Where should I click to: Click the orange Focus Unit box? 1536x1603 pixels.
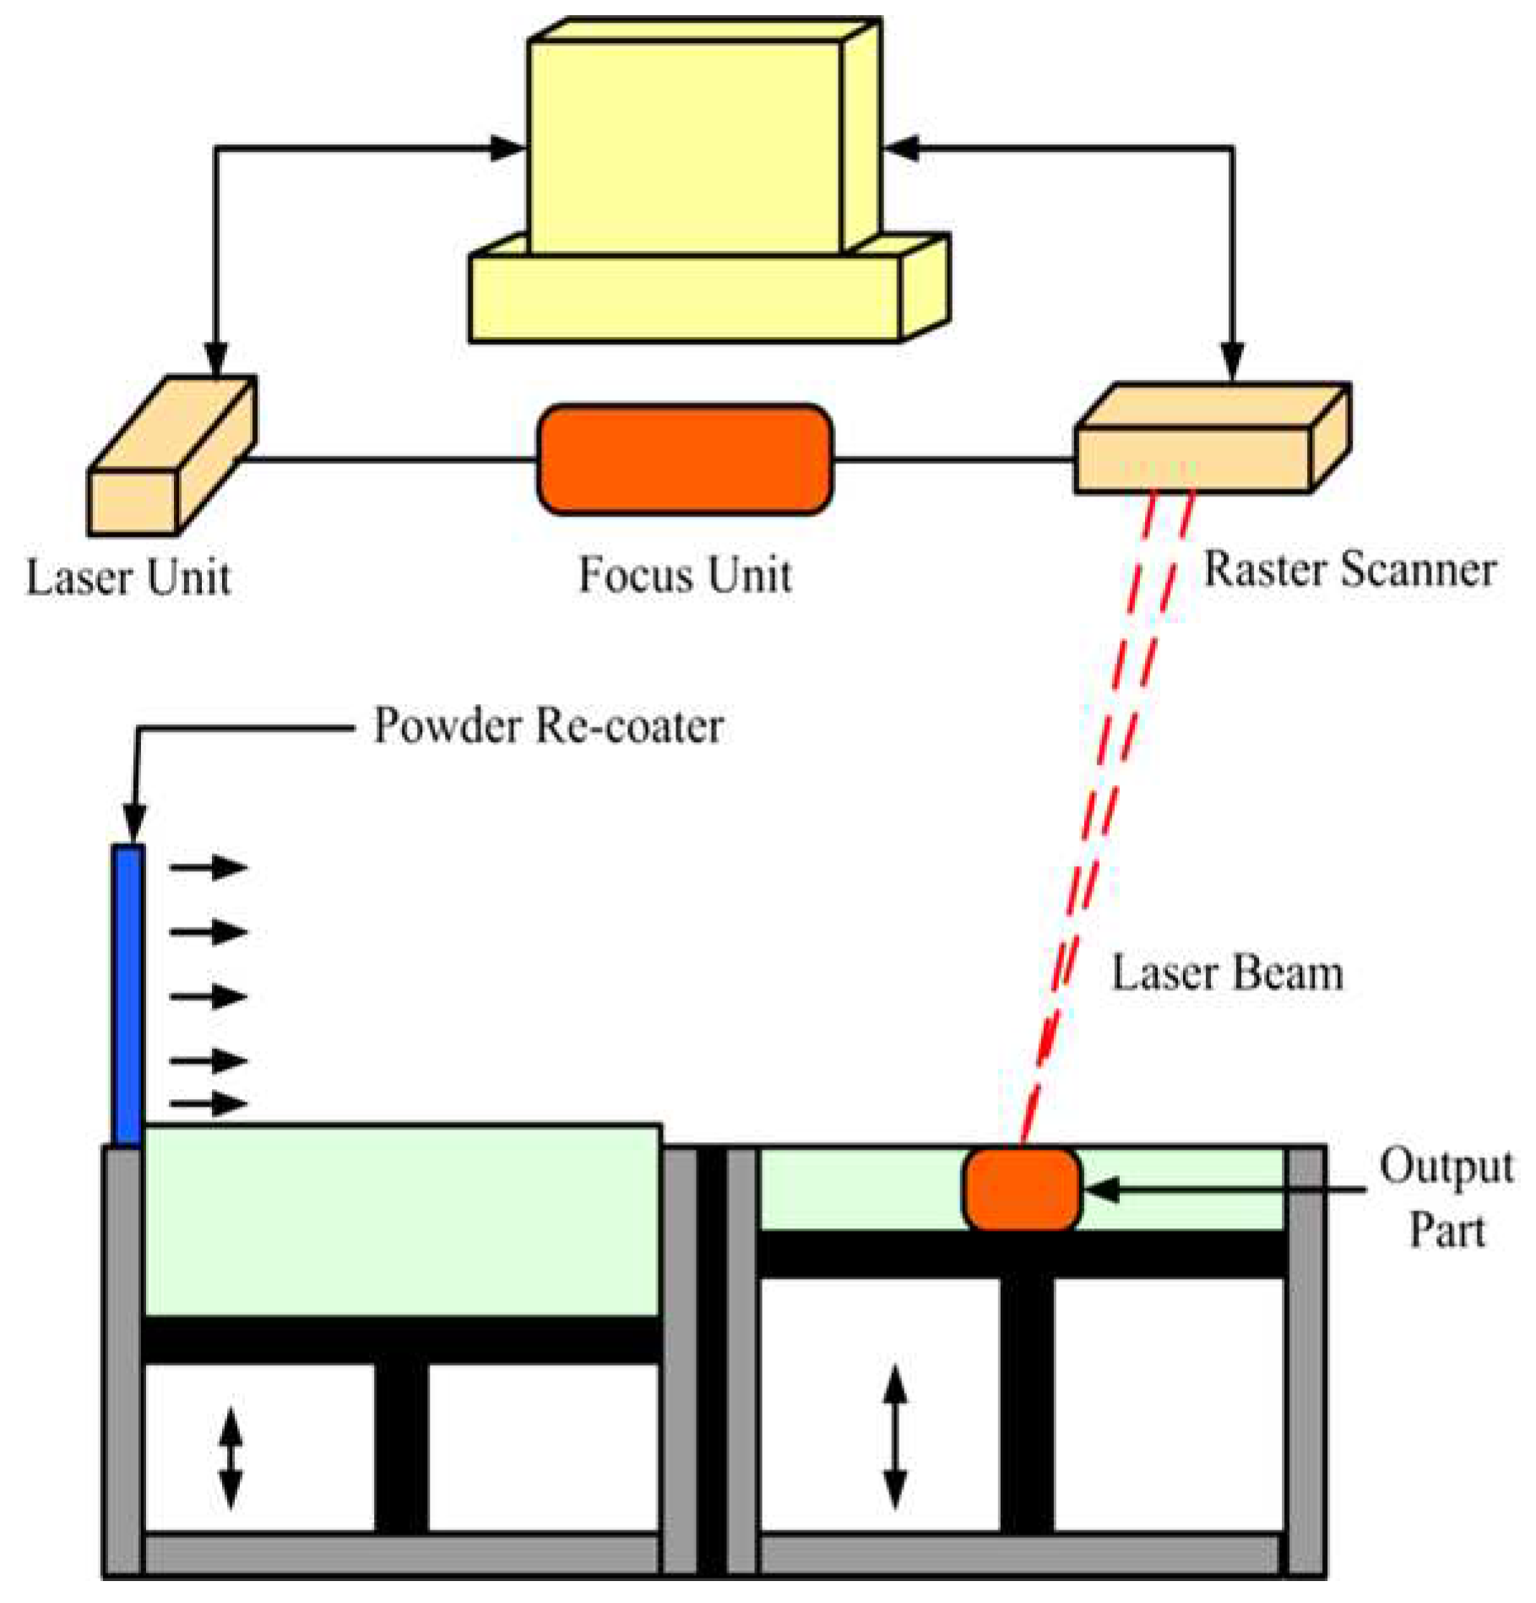685,460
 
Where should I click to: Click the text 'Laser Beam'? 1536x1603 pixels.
1226,973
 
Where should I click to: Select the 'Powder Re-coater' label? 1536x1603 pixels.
548,726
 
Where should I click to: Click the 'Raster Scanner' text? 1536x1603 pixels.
1349,570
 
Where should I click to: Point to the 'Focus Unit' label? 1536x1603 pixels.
685,575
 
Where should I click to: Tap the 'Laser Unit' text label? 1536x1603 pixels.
128,578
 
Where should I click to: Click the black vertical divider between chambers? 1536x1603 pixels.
711,1359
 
